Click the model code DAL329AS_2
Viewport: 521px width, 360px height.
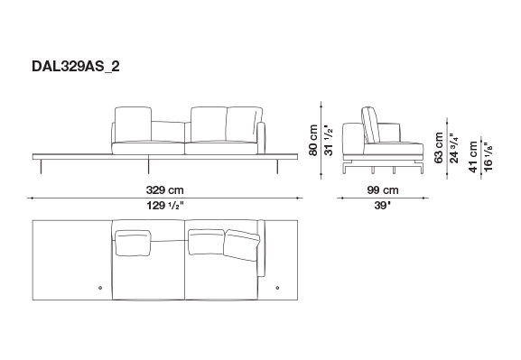click(x=76, y=67)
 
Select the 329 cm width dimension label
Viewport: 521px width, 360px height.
click(x=165, y=190)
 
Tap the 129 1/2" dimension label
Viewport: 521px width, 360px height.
click(x=165, y=206)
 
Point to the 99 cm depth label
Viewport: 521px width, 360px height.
click(x=383, y=190)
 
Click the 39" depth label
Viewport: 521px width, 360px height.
click(x=383, y=206)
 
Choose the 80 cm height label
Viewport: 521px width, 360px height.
click(x=313, y=140)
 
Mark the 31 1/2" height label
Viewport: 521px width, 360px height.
click(x=329, y=140)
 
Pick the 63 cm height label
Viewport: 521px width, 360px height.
click(x=439, y=147)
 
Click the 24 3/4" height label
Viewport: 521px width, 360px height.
click(x=454, y=148)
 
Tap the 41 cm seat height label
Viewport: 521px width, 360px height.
click(x=473, y=157)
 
